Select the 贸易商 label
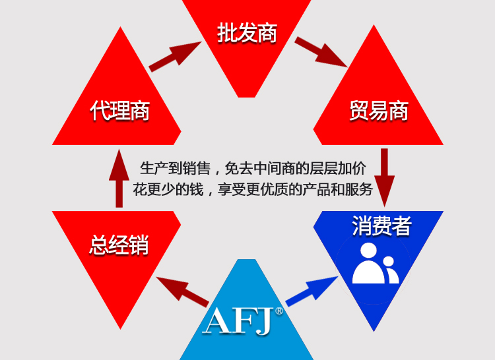[x=378, y=110]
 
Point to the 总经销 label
[x=119, y=245]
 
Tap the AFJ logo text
[x=240, y=319]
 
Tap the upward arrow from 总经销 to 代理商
[x=119, y=177]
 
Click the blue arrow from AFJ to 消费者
[x=311, y=290]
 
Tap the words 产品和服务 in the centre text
[x=338, y=190]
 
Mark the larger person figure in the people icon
[x=367, y=263]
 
